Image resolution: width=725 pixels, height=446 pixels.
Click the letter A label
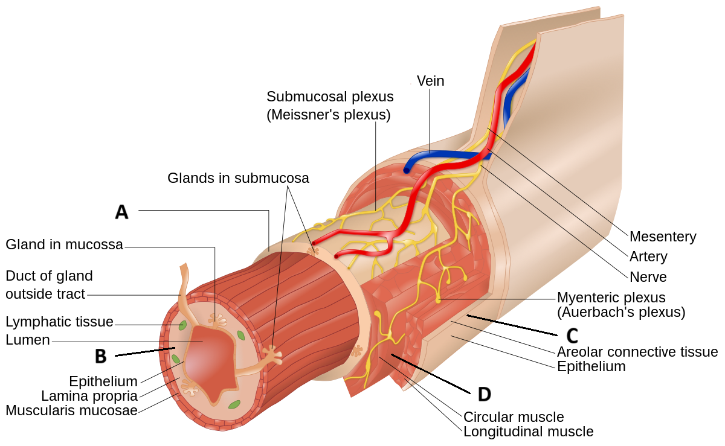[122, 212]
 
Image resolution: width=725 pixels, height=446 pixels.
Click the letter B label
[101, 357]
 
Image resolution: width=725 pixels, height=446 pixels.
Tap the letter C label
[572, 336]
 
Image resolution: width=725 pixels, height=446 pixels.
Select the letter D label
[484, 394]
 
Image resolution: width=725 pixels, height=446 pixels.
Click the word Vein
[430, 81]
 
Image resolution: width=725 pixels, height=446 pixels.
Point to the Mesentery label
[662, 237]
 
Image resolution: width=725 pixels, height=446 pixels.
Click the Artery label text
[648, 256]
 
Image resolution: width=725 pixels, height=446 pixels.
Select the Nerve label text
[648, 277]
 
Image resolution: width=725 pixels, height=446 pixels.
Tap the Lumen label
[27, 340]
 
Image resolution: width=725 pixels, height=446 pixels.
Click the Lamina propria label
[89, 396]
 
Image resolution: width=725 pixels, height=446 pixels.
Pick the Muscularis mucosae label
[71, 411]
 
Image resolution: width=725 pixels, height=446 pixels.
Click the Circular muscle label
[513, 417]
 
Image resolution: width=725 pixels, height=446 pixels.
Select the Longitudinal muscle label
[528, 432]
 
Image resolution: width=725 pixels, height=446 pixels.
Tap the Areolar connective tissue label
[637, 352]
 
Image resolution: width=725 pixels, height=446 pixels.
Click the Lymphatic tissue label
[59, 322]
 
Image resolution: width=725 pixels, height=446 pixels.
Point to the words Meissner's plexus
[329, 115]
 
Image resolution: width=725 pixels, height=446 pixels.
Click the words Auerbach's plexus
[621, 313]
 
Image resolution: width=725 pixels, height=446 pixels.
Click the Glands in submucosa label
[238, 178]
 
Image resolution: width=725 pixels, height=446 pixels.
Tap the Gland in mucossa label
[65, 244]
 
